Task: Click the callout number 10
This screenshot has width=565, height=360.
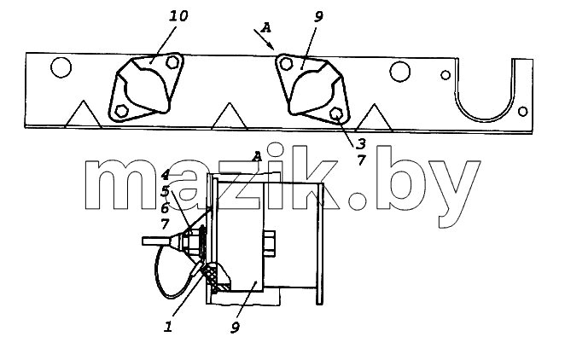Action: (x=178, y=17)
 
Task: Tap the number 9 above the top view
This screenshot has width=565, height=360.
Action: (x=318, y=16)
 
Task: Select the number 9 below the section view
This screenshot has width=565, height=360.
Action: (x=235, y=328)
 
